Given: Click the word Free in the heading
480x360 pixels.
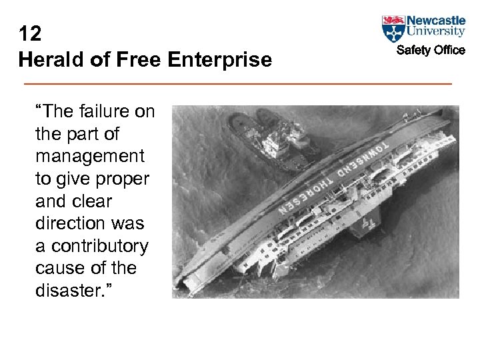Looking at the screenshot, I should (138, 60).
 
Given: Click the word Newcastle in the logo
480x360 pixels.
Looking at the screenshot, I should (436, 20).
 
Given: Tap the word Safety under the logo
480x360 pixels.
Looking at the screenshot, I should (413, 50).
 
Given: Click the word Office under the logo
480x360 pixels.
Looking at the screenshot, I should (448, 50).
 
